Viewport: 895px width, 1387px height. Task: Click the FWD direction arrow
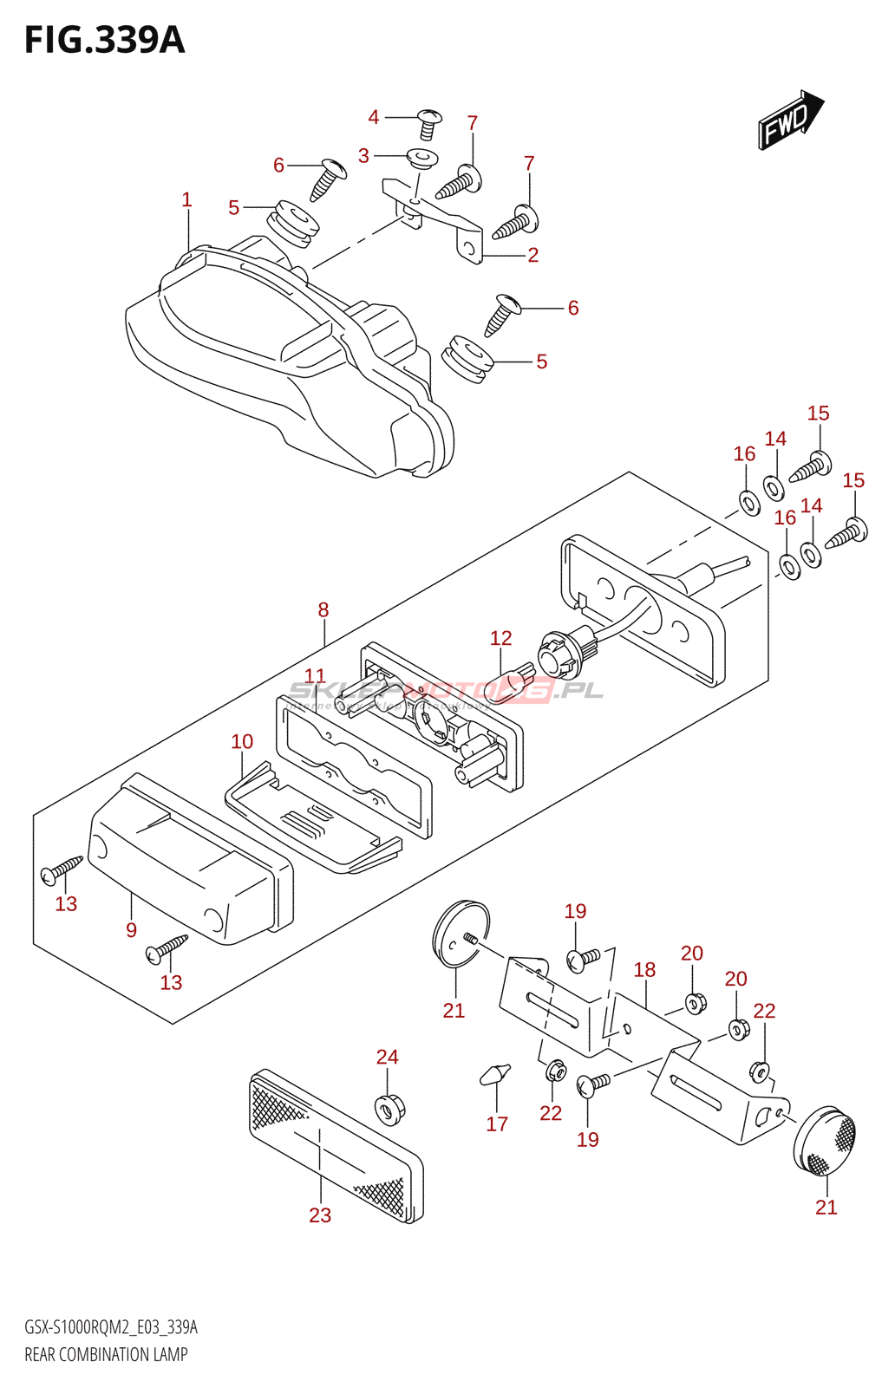pyautogui.click(x=790, y=119)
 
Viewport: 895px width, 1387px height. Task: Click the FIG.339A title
pyautogui.click(x=105, y=41)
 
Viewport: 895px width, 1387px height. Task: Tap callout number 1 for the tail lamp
pyautogui.click(x=186, y=200)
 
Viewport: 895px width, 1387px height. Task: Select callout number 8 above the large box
pyautogui.click(x=323, y=610)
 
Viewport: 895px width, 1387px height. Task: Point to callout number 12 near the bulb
pyautogui.click(x=500, y=639)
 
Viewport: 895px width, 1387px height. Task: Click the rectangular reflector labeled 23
pyautogui.click(x=335, y=1144)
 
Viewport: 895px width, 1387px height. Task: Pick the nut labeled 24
pyautogui.click(x=389, y=1107)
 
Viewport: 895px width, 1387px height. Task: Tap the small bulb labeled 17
pyautogui.click(x=494, y=1074)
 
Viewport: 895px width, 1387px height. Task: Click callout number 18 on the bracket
pyautogui.click(x=644, y=970)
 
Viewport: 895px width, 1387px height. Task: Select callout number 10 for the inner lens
pyautogui.click(x=242, y=742)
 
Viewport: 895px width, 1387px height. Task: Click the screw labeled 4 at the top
pyautogui.click(x=428, y=123)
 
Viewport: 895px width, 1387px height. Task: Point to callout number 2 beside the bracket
pyautogui.click(x=533, y=255)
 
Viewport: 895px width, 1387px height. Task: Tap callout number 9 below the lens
pyautogui.click(x=131, y=930)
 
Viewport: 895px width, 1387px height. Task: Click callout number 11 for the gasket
pyautogui.click(x=315, y=676)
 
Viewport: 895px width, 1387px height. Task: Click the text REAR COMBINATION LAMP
pyautogui.click(x=106, y=1354)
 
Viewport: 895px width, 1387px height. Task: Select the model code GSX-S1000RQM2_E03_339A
pyautogui.click(x=111, y=1327)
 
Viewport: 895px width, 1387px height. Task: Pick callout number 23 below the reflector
pyautogui.click(x=320, y=1215)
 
